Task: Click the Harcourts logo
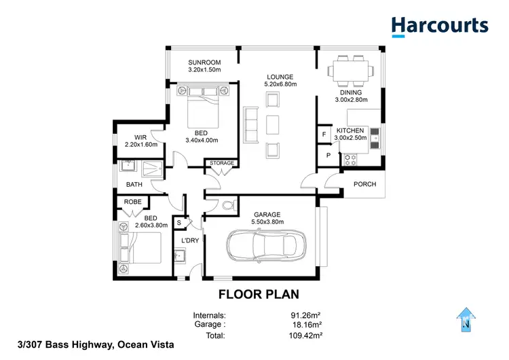439,26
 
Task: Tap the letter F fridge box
324,134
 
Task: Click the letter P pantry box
328,156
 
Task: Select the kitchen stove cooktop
352,160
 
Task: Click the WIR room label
140,137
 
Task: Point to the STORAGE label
221,163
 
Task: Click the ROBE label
132,202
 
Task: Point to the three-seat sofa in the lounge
251,125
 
